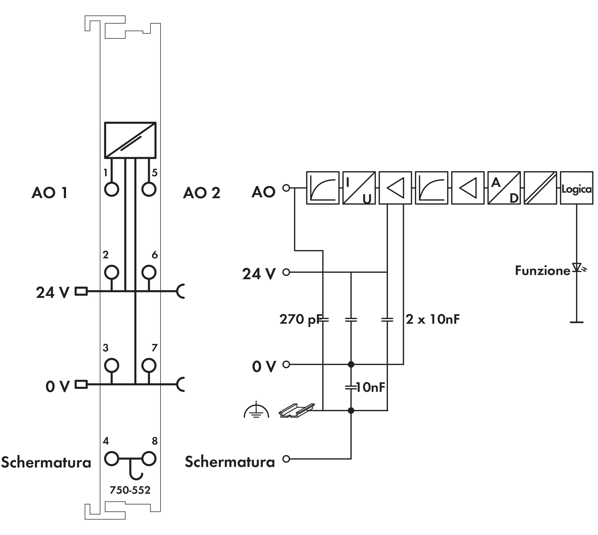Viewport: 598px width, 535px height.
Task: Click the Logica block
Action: coord(576,188)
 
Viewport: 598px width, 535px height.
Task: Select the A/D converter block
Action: coord(504,188)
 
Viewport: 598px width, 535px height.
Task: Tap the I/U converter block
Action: coord(359,188)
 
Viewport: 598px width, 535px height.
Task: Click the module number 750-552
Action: coord(130,490)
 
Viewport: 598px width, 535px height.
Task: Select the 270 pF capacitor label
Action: coord(299,320)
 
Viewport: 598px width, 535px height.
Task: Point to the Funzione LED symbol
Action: coord(576,267)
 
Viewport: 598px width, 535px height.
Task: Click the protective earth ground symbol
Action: coord(256,411)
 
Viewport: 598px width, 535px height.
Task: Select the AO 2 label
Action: coord(202,193)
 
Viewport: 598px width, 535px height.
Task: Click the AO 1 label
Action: coord(50,193)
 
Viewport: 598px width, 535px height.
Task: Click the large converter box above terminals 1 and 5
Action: coord(130,140)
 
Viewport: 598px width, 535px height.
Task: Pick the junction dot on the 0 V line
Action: coord(351,364)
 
